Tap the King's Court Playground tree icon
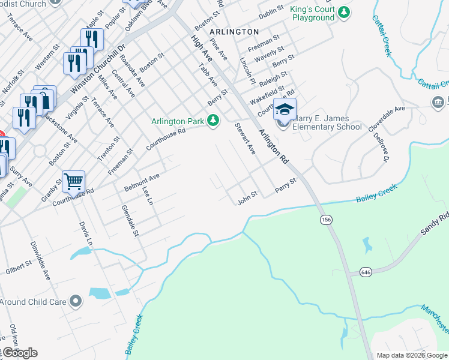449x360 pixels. coord(343,12)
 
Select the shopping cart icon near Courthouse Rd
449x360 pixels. coord(73,181)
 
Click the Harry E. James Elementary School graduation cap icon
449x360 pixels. coord(285,110)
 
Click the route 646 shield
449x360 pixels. coord(366,272)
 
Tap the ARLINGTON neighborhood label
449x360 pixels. coord(235,31)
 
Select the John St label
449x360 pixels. coord(247,197)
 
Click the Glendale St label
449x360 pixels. coord(130,220)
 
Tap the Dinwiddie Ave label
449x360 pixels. coord(40,261)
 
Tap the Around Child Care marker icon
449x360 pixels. coord(75,301)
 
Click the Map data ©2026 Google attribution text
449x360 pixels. coord(411,355)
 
